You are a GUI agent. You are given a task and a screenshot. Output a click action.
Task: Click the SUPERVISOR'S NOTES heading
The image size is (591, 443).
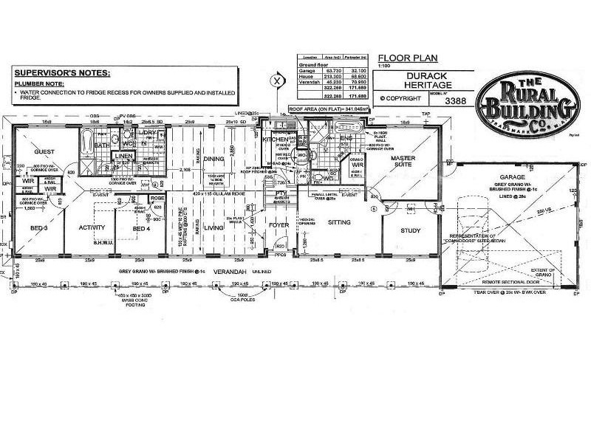[62, 73]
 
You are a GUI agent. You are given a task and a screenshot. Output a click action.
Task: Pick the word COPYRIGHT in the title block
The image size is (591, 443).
[401, 97]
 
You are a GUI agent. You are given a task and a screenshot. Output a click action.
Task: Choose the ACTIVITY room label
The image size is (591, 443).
[93, 227]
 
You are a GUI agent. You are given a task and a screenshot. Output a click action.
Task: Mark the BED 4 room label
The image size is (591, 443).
[141, 227]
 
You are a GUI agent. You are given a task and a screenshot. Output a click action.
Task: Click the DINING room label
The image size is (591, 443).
[214, 159]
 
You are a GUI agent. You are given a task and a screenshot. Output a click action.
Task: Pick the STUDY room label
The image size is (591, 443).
[410, 231]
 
